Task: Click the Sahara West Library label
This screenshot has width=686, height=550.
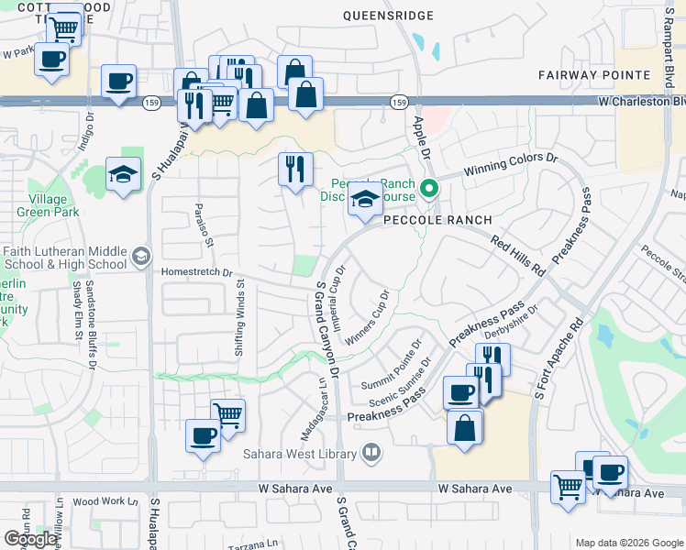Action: [301, 452]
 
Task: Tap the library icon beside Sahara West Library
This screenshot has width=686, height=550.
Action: [371, 451]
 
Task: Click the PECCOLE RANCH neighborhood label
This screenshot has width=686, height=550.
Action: [437, 220]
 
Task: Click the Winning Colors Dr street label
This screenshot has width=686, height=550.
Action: [511, 164]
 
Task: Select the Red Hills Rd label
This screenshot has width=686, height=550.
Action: [518, 256]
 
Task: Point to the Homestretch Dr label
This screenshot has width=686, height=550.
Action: [197, 272]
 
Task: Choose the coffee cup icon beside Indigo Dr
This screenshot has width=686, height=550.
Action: [118, 82]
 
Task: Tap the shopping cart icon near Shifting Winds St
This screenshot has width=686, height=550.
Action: [227, 414]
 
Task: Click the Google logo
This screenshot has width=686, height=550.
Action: [30, 539]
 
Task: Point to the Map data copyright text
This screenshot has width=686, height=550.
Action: [628, 543]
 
